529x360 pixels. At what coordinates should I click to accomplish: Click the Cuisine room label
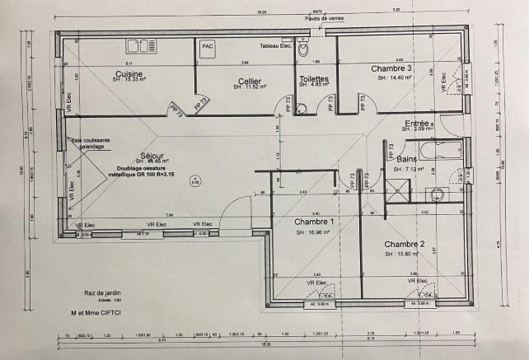pos(130,73)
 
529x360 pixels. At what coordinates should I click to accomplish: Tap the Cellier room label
pos(244,80)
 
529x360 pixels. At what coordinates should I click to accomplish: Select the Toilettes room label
pos(314,79)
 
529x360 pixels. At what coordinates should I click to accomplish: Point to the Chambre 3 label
pos(391,68)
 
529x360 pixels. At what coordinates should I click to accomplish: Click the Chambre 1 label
pos(314,222)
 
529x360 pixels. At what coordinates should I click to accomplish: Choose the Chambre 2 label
pos(404,245)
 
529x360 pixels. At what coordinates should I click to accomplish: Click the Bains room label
pos(406,158)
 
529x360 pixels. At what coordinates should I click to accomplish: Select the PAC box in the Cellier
pos(208,47)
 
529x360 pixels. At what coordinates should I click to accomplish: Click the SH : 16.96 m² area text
pos(314,232)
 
